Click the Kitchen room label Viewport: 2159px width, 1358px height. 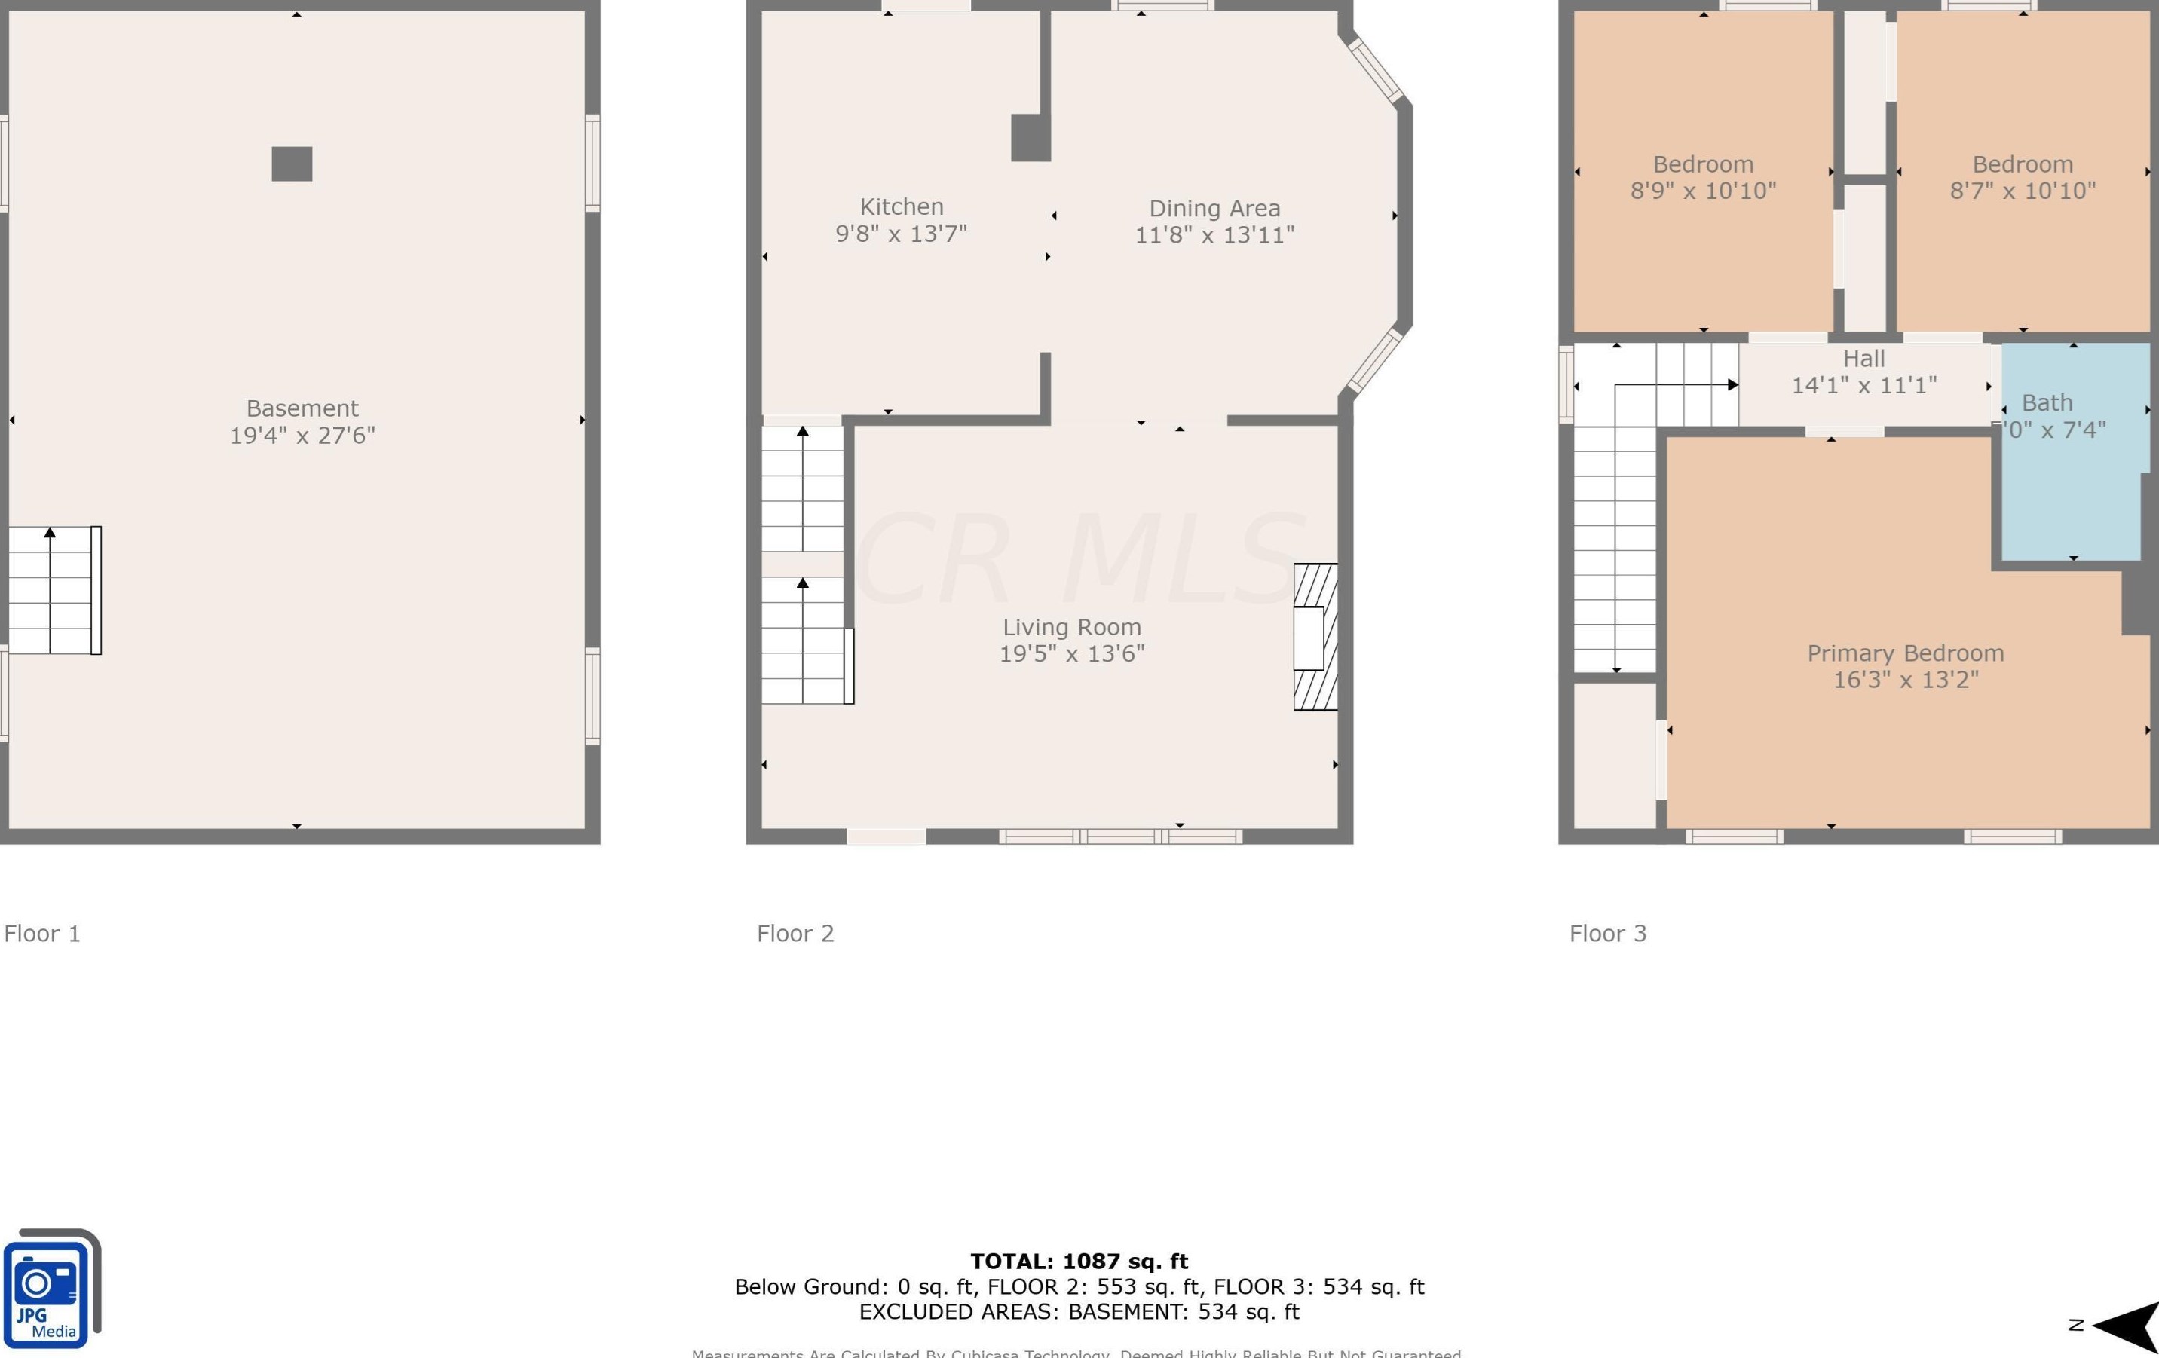pyautogui.click(x=901, y=207)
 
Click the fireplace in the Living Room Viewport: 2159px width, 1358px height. pyautogui.click(x=1315, y=638)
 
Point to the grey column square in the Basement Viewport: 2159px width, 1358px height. pyautogui.click(x=292, y=164)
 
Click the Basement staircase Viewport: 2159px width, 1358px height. pyautogui.click(x=54, y=591)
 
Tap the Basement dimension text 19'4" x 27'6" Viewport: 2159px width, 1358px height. pyautogui.click(x=302, y=436)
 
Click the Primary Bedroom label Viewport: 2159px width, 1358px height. pyautogui.click(x=1905, y=653)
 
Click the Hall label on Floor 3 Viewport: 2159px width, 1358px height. pyautogui.click(x=1864, y=359)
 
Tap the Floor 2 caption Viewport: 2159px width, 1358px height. pyautogui.click(x=795, y=934)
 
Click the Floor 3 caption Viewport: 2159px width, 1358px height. pyautogui.click(x=1608, y=934)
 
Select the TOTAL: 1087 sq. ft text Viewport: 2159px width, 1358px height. pyautogui.click(x=1079, y=1262)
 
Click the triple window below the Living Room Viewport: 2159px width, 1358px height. pyautogui.click(x=1121, y=837)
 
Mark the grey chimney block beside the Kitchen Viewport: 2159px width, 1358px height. pyautogui.click(x=1031, y=138)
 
